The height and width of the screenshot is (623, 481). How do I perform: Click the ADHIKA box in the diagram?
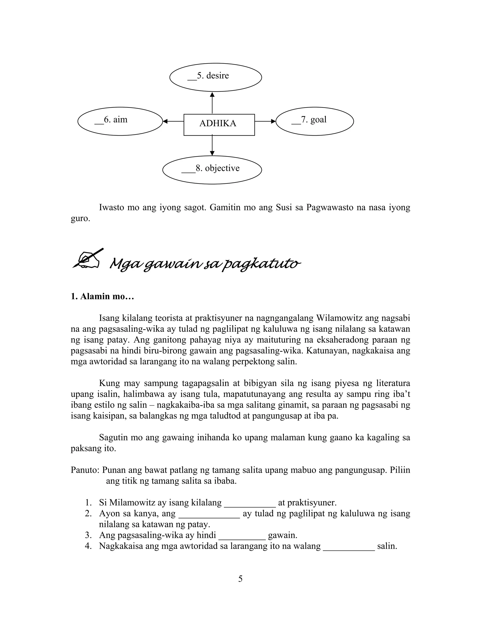click(219, 125)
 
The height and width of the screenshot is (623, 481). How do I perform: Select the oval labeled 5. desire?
click(215, 77)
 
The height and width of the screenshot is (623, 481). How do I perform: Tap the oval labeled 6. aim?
click(120, 121)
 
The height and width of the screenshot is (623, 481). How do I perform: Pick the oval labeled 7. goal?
click(314, 121)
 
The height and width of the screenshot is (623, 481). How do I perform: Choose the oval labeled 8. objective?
click(212, 170)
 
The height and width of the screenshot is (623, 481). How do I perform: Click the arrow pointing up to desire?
click(212, 103)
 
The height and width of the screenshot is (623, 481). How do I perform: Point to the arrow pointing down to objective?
click(212, 146)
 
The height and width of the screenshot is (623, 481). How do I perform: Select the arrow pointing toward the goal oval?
click(265, 121)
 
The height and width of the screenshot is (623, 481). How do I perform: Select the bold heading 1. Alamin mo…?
click(102, 296)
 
